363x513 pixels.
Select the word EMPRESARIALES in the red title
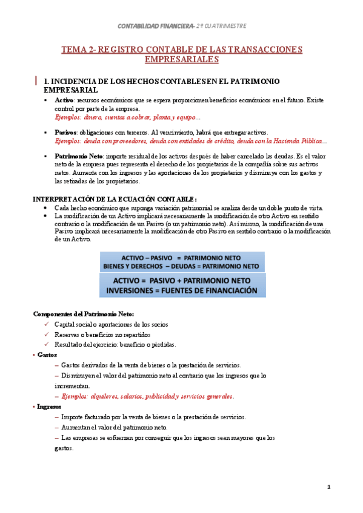[181, 59]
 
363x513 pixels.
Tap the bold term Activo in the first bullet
[64, 100]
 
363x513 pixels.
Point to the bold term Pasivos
[65, 132]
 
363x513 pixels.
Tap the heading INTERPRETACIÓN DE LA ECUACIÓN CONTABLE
[115, 199]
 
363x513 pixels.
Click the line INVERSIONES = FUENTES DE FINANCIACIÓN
[182, 290]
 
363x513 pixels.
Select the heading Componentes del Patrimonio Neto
[84, 314]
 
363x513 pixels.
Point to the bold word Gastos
[47, 355]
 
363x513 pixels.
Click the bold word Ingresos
[50, 407]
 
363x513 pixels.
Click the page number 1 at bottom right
[328, 487]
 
